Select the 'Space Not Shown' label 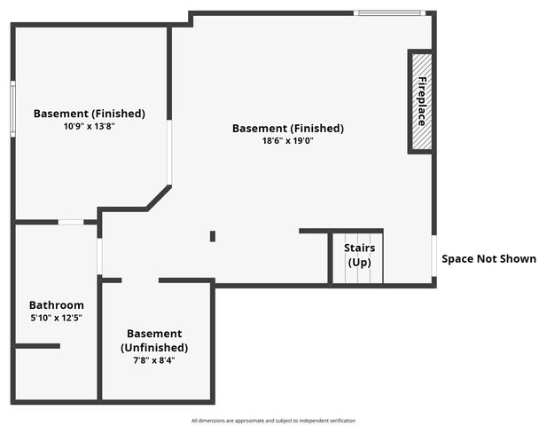click(x=488, y=259)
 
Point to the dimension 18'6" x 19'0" click(x=287, y=141)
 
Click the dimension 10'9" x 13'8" click(x=89, y=126)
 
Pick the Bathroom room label click(x=56, y=304)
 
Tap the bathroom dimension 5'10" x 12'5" click(x=56, y=318)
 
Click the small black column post click(x=213, y=236)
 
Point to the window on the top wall click(x=389, y=13)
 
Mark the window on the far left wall click(x=12, y=109)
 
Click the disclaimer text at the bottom click(x=273, y=421)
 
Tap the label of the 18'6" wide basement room click(x=287, y=129)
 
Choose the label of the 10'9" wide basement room click(x=89, y=114)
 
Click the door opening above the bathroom click(x=71, y=222)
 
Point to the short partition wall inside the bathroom click(x=37, y=346)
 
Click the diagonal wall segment click(x=159, y=198)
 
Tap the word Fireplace click(x=422, y=100)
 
